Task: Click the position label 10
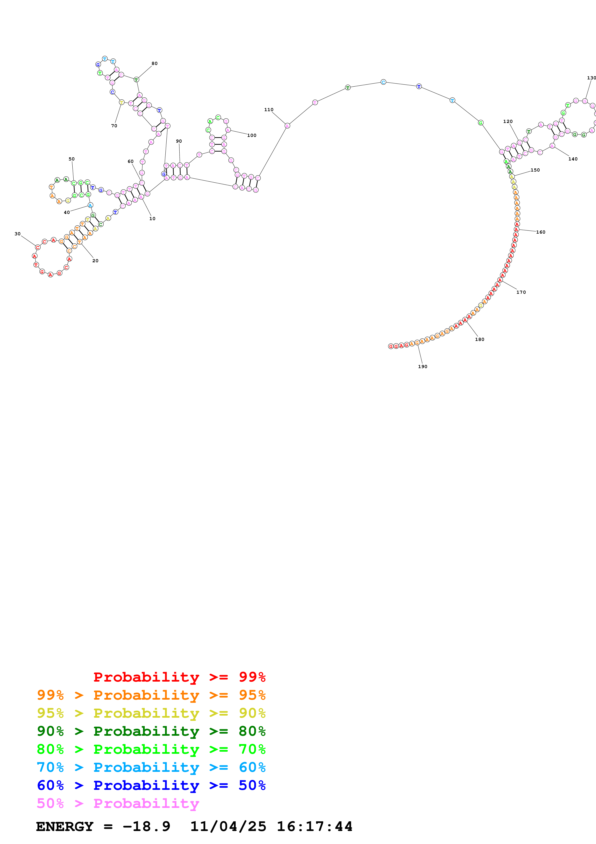pos(152,219)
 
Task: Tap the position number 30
pos(18,234)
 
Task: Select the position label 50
pos(72,159)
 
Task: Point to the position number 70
pos(114,126)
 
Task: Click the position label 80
pos(155,64)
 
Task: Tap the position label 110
pos(269,109)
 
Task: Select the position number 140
pos(573,159)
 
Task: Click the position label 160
pos(540,232)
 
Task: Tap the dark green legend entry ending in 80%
pos(151,731)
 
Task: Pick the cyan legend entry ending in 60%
pos(151,767)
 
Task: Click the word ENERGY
pos(65,826)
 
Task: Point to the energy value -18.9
pos(146,826)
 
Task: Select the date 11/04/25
pos(228,826)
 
